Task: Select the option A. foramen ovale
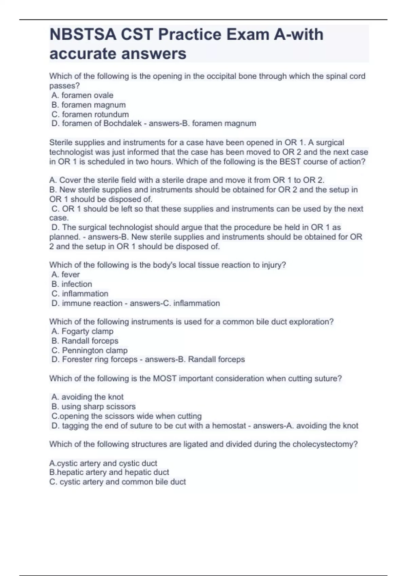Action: [x=82, y=96]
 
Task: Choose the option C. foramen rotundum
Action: [x=90, y=115]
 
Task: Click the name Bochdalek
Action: [x=122, y=123]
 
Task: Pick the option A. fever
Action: [x=66, y=274]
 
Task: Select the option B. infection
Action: [x=72, y=284]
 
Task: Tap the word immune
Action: [x=75, y=303]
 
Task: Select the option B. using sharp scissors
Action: [x=94, y=407]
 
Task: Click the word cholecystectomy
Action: [x=322, y=444]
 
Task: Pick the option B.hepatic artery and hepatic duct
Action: [x=109, y=472]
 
